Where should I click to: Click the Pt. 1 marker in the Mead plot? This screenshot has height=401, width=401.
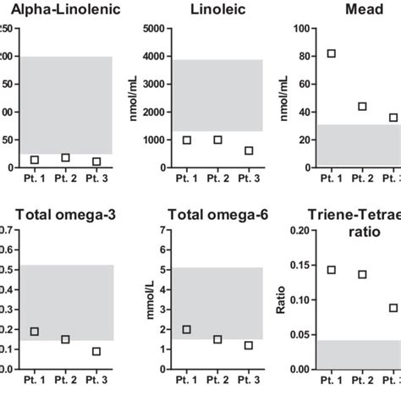[x=331, y=53]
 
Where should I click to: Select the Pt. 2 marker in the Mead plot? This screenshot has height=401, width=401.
[x=362, y=107]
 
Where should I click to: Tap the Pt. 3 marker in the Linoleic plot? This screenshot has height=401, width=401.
[x=248, y=151]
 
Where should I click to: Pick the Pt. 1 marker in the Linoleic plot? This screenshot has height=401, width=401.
[x=187, y=140]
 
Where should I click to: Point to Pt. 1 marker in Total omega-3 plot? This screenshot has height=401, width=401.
[x=35, y=331]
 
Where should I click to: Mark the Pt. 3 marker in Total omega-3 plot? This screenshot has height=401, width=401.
[x=96, y=351]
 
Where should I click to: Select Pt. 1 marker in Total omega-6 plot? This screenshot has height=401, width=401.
[x=187, y=329]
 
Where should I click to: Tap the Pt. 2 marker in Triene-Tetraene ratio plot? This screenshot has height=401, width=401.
[x=362, y=274]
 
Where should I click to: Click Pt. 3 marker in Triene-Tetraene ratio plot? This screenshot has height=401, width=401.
[x=393, y=308]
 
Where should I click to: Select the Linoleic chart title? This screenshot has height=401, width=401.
[x=217, y=10]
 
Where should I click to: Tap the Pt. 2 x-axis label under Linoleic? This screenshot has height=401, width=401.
[x=217, y=179]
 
